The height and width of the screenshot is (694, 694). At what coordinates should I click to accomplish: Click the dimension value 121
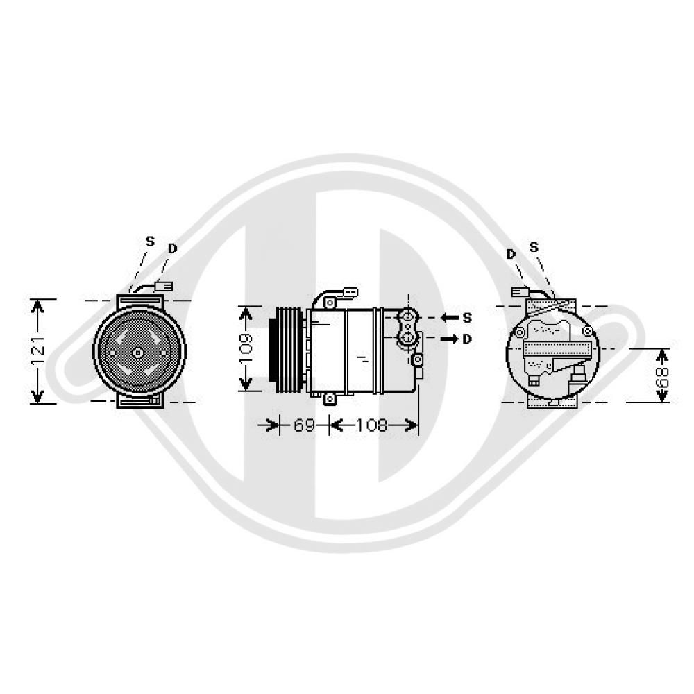(x=38, y=352)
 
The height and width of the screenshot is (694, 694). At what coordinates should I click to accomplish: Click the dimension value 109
(x=246, y=348)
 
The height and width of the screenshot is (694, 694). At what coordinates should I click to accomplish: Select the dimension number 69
(x=304, y=425)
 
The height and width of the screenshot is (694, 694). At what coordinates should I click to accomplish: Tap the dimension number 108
(x=372, y=425)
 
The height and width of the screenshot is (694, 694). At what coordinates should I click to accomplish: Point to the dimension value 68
(x=663, y=375)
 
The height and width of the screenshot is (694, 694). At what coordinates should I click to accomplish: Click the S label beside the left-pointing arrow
(x=467, y=318)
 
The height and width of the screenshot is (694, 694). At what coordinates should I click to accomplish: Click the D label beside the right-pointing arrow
(x=467, y=339)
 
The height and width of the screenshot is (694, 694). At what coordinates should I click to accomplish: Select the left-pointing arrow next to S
(x=450, y=318)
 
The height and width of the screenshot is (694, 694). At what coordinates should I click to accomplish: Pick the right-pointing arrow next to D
(x=450, y=339)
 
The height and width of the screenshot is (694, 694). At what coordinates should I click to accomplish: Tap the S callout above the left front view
(x=150, y=242)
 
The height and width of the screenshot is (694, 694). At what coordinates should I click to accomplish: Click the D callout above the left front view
(x=173, y=248)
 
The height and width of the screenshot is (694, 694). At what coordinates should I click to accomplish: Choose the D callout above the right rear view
(x=511, y=255)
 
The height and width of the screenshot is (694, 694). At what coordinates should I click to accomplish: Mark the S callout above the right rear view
(x=534, y=247)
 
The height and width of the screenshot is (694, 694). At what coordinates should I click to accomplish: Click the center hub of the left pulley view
(x=138, y=353)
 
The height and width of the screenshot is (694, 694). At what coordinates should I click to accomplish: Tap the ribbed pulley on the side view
(x=287, y=350)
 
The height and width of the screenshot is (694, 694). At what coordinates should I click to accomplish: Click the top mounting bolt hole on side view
(x=329, y=303)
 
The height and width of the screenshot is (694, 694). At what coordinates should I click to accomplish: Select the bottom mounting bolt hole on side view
(x=329, y=399)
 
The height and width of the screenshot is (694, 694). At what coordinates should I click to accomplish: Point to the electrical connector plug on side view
(x=350, y=293)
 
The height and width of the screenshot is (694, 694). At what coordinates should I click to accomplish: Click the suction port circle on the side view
(x=407, y=316)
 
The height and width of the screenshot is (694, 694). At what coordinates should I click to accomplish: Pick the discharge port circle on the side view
(x=407, y=339)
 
